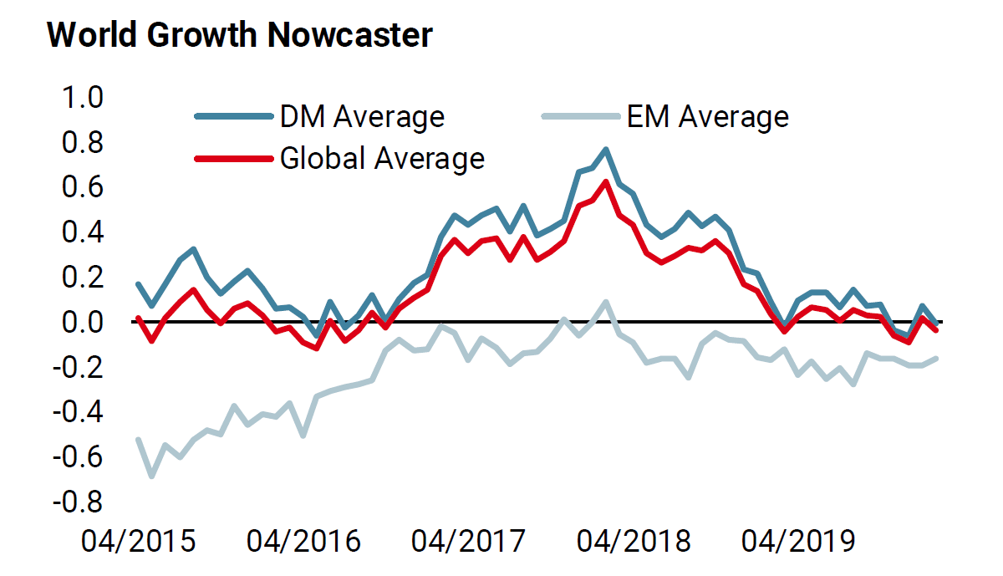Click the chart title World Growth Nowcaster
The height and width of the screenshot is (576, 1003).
click(240, 35)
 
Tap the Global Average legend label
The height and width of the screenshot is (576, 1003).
click(382, 158)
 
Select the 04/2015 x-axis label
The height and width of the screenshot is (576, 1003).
click(139, 541)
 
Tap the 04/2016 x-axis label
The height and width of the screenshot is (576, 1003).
click(304, 541)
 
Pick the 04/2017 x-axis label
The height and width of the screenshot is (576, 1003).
click(469, 541)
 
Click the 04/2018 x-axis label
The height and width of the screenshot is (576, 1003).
click(634, 541)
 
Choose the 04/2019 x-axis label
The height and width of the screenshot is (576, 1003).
click(800, 541)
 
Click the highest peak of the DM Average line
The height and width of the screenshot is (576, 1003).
click(606, 150)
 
